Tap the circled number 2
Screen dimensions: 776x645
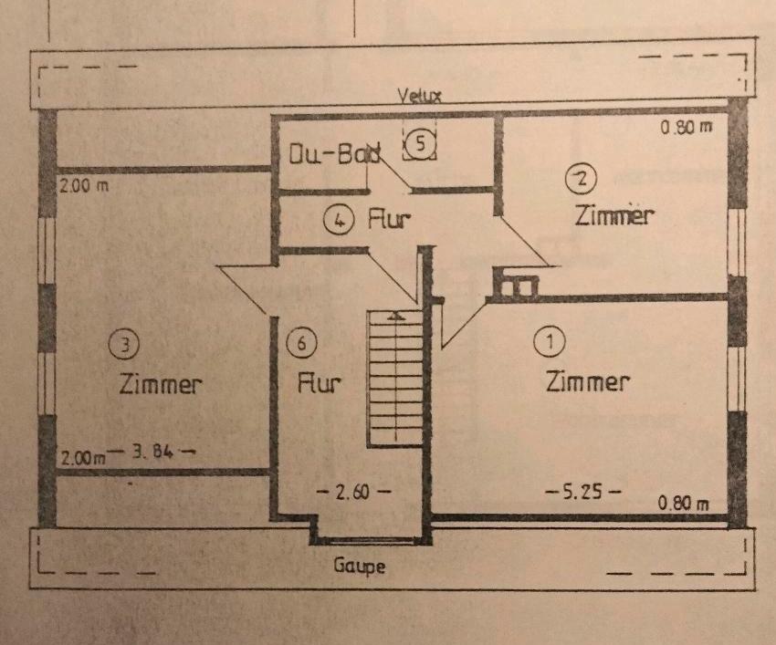pyautogui.click(x=578, y=177)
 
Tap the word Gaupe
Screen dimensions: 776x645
pyautogui.click(x=359, y=566)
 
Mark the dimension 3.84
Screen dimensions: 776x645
pyautogui.click(x=152, y=450)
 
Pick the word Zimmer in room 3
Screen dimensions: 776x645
pyautogui.click(x=160, y=384)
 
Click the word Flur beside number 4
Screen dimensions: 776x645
pyautogui.click(x=391, y=220)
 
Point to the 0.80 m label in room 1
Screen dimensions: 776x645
pyautogui.click(x=685, y=504)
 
